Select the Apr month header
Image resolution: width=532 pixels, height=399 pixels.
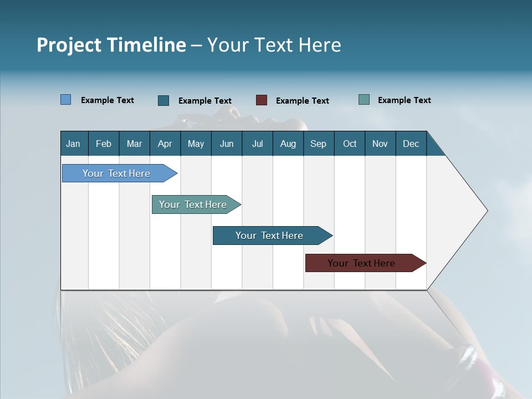click(x=165, y=144)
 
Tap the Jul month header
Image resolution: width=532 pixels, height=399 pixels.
click(x=258, y=144)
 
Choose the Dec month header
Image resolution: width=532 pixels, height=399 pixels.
click(x=411, y=144)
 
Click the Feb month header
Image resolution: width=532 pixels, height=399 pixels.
click(x=104, y=144)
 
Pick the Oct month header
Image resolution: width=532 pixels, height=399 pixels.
click(x=350, y=144)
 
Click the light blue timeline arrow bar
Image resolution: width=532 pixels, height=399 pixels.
click(x=120, y=173)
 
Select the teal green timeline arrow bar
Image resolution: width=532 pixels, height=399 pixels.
click(x=196, y=204)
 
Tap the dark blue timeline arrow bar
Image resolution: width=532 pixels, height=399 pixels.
click(x=273, y=236)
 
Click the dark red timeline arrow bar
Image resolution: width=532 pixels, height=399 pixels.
click(x=366, y=263)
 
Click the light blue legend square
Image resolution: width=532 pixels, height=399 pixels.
click(x=65, y=100)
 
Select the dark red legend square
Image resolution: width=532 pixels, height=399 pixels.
click(x=262, y=100)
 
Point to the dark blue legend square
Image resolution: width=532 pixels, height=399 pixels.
click(x=163, y=100)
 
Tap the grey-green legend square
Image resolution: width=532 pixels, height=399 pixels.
click(x=364, y=100)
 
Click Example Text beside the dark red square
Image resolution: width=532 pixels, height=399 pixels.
click(x=303, y=101)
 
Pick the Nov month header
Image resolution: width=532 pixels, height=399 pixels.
click(x=380, y=144)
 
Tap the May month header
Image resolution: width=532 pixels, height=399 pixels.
click(x=196, y=144)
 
